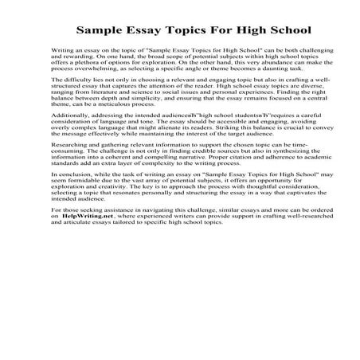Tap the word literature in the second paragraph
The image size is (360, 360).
tap(103, 106)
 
